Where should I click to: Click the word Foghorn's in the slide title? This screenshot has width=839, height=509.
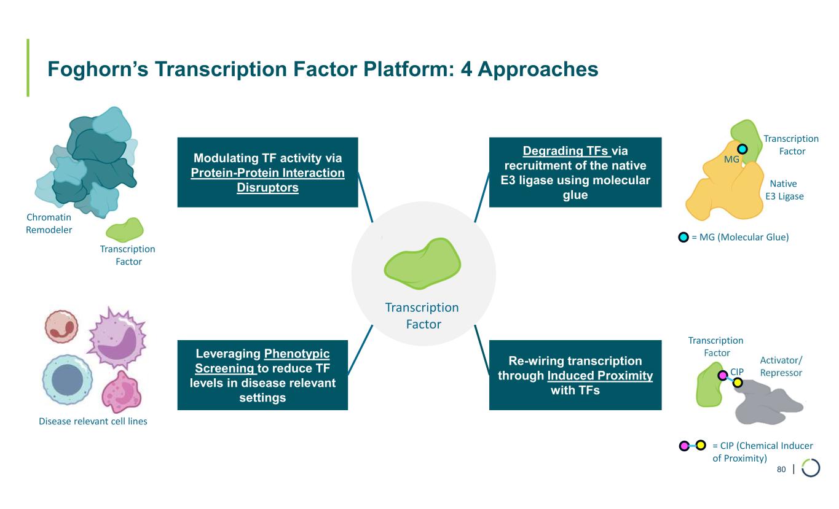pyautogui.click(x=98, y=69)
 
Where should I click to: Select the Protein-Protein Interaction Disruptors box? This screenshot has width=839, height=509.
pyautogui.click(x=267, y=172)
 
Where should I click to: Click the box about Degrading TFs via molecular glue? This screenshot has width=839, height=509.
pyautogui.click(x=575, y=172)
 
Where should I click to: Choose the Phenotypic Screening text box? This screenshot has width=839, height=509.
pyautogui.click(x=262, y=375)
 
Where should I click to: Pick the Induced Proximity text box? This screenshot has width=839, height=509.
pyautogui.click(x=575, y=375)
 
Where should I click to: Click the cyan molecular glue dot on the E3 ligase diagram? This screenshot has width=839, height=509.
pyautogui.click(x=742, y=149)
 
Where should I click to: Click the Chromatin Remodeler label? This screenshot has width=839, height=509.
pyautogui.click(x=49, y=223)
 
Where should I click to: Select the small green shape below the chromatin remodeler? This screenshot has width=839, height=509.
pyautogui.click(x=124, y=230)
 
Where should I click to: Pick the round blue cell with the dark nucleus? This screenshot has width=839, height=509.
pyautogui.click(x=67, y=380)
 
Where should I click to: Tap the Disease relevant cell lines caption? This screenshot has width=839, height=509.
pyautogui.click(x=93, y=421)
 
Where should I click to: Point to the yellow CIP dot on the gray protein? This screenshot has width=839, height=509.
pyautogui.click(x=738, y=383)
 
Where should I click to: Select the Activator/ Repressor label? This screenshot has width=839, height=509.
pyautogui.click(x=781, y=366)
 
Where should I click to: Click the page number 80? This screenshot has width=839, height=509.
pyautogui.click(x=781, y=469)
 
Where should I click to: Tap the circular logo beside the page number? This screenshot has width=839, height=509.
pyautogui.click(x=810, y=468)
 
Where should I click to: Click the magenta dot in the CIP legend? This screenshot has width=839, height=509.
pyautogui.click(x=683, y=446)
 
